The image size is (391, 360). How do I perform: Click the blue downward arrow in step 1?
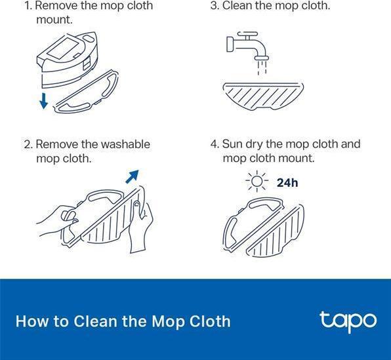[x=44, y=101]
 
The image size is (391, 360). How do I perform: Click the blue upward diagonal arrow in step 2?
[x=132, y=176]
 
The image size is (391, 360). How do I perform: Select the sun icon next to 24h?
[x=257, y=181]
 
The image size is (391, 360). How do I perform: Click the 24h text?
[x=287, y=183]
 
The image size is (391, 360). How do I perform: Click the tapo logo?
[x=348, y=321]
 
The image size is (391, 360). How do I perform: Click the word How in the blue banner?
[x=31, y=321]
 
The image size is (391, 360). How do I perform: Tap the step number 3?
[x=214, y=5]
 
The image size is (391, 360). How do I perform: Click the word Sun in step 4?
[x=232, y=144]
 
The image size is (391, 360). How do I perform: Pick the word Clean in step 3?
[x=237, y=5]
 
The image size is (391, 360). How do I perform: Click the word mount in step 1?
[x=54, y=20]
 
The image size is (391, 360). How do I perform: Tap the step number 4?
[x=215, y=144]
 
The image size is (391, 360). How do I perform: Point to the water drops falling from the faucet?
[x=262, y=67]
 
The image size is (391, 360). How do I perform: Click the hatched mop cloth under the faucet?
[x=263, y=96]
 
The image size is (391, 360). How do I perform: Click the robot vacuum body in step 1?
[x=67, y=60]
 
